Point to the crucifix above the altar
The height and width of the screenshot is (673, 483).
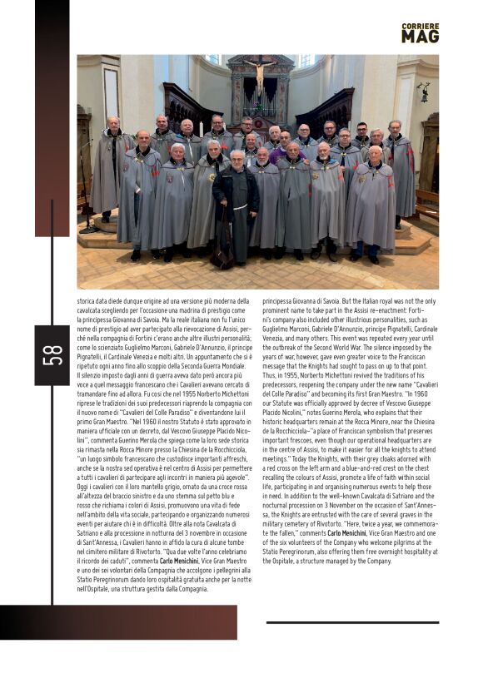click(260, 76)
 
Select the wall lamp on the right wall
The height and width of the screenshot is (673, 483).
click(424, 92)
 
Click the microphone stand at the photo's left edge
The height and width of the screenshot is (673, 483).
click(86, 183)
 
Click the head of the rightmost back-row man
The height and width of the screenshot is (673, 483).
click(395, 127)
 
